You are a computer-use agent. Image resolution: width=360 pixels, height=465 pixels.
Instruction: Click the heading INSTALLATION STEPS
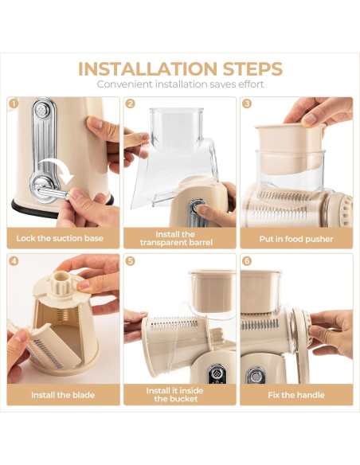point(179,68)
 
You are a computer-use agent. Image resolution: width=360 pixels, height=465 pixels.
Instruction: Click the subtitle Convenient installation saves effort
point(179,84)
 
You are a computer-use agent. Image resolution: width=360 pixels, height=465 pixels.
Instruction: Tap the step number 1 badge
point(13,104)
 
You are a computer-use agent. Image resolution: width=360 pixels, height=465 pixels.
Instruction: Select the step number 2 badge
point(130,104)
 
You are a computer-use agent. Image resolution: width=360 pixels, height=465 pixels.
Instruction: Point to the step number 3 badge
point(246,104)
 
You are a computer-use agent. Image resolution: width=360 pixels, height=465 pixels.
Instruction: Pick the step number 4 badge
point(13,260)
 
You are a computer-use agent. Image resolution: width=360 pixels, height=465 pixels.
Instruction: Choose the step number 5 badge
point(130,260)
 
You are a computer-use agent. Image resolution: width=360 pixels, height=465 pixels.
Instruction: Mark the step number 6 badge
point(246,260)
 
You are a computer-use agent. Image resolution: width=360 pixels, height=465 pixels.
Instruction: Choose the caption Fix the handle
point(295,395)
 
